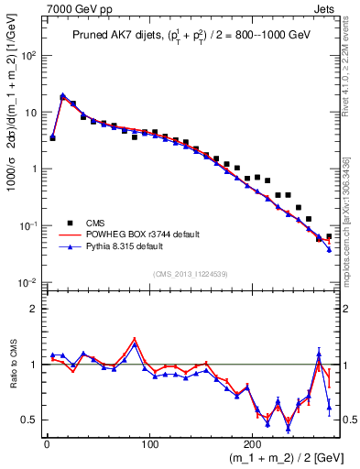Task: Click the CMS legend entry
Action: [94, 222]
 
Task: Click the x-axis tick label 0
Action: [47, 443]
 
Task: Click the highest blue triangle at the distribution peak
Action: [62, 95]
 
